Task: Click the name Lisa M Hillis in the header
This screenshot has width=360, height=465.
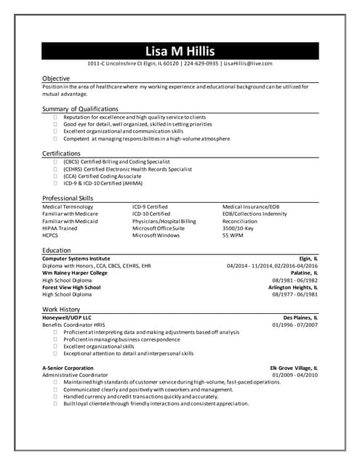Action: pos(180,51)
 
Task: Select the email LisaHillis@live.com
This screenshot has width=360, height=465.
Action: pos(247,64)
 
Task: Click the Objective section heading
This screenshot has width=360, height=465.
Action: pos(56,78)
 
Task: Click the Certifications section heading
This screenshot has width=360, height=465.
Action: pos(61,153)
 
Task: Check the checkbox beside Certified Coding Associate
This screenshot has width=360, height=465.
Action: pos(55,176)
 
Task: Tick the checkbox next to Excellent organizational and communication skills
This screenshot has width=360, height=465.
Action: pos(55,132)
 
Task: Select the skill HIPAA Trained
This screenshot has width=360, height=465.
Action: pos(60,228)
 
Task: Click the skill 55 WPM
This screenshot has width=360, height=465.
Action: pos(233,235)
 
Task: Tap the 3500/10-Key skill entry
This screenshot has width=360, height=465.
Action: pos(238,228)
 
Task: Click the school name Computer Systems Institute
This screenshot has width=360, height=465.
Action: pos(76,259)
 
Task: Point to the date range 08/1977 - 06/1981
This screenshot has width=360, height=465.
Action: pos(295,294)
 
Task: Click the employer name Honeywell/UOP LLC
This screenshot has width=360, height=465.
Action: pos(67,318)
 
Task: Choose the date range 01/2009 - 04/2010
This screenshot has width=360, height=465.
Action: pos(295,375)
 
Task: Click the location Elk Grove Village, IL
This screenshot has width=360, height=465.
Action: pos(294,368)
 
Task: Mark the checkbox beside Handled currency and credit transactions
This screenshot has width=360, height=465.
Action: pos(55,397)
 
